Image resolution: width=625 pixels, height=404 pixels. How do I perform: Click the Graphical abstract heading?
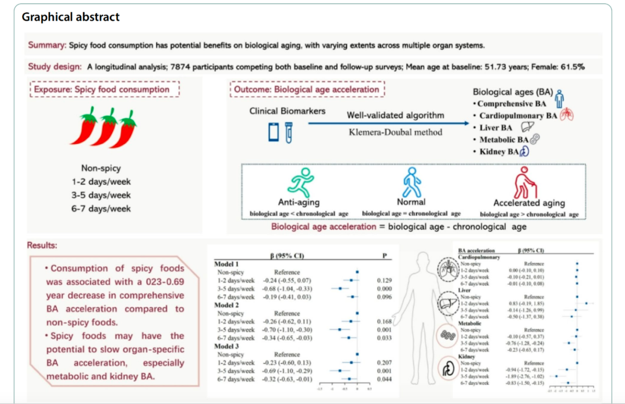click(x=71, y=16)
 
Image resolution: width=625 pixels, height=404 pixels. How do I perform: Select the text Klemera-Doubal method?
click(x=395, y=131)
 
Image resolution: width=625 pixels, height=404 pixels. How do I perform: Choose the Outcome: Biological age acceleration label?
click(x=307, y=90)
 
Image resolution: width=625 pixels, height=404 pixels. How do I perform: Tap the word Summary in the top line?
click(x=47, y=45)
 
